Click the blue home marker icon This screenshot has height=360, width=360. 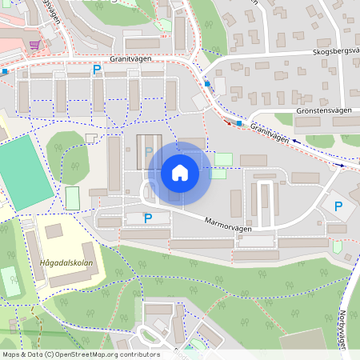coord(179,173)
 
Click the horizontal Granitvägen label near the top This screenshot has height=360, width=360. coord(132,58)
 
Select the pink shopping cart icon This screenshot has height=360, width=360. coord(34,45)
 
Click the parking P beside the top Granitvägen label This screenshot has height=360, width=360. coord(97,70)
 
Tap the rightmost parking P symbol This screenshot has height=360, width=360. coord(338,206)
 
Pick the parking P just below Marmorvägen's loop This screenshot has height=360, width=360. coord(147,218)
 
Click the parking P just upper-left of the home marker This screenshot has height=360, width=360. coord(148,150)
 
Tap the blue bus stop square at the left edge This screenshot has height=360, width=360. coord(5,71)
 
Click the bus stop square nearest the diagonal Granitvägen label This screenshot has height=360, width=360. coord(238,123)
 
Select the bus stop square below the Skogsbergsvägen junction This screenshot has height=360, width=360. coord(208,83)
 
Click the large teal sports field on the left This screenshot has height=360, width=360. coord(22,172)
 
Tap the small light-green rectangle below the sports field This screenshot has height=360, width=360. coord(73,198)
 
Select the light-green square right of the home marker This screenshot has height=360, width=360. coord(223,159)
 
